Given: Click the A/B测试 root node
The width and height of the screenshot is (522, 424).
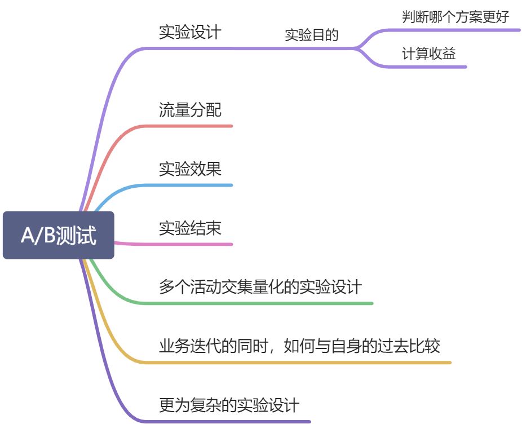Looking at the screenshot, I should point(59,235).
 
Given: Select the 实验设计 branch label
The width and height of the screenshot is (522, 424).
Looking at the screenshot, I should point(190,32).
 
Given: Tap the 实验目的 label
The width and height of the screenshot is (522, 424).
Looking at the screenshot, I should point(311,36).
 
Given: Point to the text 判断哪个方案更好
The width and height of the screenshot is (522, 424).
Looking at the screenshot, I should point(455,16).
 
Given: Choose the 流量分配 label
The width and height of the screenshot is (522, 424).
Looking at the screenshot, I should point(190,109).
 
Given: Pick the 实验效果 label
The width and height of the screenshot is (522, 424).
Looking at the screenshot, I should point(190,169).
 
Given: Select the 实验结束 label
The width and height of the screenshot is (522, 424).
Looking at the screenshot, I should point(190,228).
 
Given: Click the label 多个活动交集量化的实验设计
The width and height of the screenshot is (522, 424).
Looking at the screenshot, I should point(260,287).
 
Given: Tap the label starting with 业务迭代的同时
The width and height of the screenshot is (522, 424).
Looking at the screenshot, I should point(299,346).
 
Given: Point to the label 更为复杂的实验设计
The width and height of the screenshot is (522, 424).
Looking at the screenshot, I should point(229,405).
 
